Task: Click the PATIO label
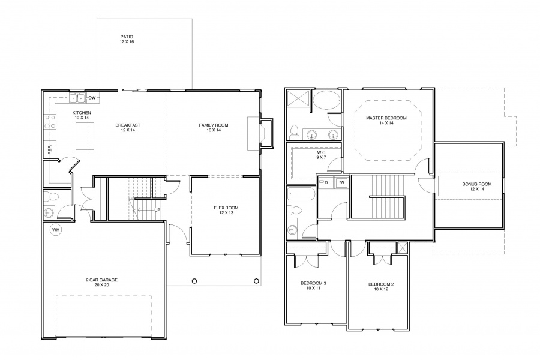pos(127,37)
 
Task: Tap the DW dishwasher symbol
pos(92,98)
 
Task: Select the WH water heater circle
pos(56,229)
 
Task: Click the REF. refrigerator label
pos(50,149)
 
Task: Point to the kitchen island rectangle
pos(85,136)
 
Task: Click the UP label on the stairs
pos(157,210)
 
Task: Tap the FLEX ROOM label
pos(226,208)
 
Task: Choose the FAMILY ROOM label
pos(214,125)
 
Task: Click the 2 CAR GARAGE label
pos(101,280)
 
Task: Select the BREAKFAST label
pos(128,125)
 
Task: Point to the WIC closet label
pos(321,152)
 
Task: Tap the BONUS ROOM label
pos(477,184)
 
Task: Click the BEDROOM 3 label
pos(313,283)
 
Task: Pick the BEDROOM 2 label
pos(381,284)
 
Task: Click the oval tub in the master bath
pos(326,100)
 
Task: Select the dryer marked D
pos(326,182)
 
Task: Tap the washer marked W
pos(341,182)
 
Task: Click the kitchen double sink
pos(77,98)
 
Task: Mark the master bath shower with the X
pos(298,100)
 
